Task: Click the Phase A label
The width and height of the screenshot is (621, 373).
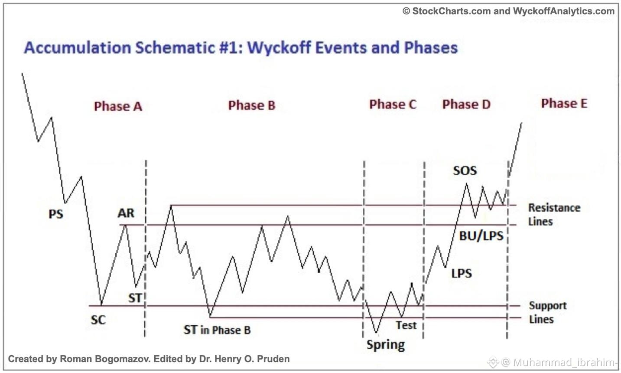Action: [x=118, y=106]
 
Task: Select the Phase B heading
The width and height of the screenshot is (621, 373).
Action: [x=252, y=105]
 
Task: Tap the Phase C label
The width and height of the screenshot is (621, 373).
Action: [x=393, y=105]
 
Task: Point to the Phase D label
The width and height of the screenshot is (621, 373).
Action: [x=467, y=105]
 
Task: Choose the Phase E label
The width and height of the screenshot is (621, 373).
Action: [x=564, y=103]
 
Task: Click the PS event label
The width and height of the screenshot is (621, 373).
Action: [x=56, y=214]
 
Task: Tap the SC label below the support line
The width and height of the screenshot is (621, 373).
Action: [x=98, y=320]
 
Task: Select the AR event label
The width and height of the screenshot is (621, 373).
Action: [x=126, y=213]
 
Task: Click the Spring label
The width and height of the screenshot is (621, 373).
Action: [x=386, y=345]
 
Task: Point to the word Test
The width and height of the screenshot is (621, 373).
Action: [x=406, y=325]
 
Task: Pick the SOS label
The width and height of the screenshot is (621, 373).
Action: [x=465, y=170]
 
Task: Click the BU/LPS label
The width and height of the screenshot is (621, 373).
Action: [x=481, y=236]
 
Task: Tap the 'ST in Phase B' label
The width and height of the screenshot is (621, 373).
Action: [x=217, y=330]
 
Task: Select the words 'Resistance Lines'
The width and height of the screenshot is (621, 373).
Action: [x=554, y=215]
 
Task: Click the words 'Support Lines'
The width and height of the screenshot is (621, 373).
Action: [x=548, y=313]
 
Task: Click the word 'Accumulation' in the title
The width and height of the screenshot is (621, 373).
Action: [x=78, y=48]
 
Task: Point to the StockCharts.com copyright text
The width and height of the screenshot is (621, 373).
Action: [x=508, y=11]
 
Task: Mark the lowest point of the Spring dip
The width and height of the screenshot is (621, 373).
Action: [x=376, y=333]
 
